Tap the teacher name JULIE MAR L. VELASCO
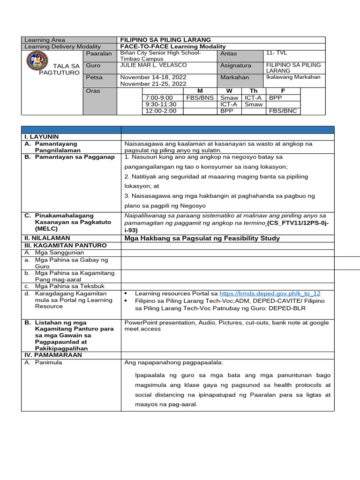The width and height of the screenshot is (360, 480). click(153, 65)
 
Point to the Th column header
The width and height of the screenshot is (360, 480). click(254, 90)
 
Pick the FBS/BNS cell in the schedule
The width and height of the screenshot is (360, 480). click(200, 98)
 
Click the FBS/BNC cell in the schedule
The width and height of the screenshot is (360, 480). click(283, 111)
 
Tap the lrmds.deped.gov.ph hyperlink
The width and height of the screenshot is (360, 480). click(270, 293)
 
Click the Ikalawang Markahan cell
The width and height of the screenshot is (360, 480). click(293, 77)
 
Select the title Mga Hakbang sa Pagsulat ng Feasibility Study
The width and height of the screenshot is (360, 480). click(202, 238)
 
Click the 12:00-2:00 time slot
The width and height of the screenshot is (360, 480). click(161, 111)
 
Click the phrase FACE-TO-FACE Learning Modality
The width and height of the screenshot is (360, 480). click(173, 46)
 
